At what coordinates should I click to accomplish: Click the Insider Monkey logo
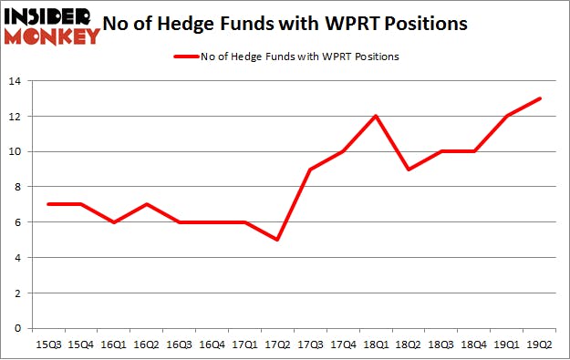point(51,26)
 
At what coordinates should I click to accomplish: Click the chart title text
point(292,24)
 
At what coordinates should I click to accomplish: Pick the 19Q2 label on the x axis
point(541,345)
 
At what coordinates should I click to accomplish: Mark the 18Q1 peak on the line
point(376,117)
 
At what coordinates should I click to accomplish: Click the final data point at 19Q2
point(540,98)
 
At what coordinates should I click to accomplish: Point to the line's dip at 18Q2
point(409,170)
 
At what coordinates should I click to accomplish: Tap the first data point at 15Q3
point(47,204)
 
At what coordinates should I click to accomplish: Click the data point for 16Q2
point(145,204)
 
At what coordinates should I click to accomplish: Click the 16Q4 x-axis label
point(212,345)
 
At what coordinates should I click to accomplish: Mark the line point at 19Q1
point(507,117)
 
